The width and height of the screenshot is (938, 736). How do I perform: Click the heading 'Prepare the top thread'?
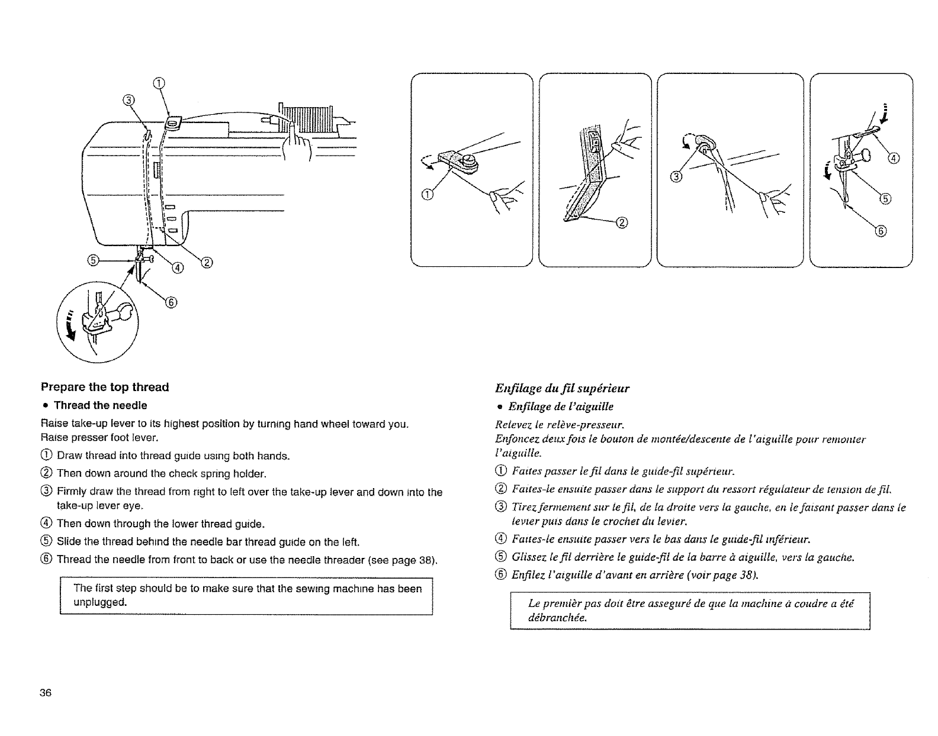point(105,388)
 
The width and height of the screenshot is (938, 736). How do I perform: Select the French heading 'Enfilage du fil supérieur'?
point(562,388)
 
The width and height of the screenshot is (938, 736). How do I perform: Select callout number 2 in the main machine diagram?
point(208,262)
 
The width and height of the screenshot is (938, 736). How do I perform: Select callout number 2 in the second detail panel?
point(621,223)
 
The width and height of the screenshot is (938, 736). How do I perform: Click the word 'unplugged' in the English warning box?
point(100,602)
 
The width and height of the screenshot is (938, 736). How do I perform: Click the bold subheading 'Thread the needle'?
point(101,406)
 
